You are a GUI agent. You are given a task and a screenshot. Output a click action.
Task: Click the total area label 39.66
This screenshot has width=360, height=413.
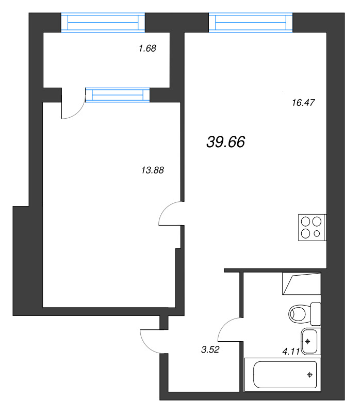click(x=225, y=142)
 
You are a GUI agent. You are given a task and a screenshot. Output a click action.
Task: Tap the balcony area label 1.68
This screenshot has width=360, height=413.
click(x=147, y=49)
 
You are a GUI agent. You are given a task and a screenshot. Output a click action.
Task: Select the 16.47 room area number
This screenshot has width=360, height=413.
click(x=303, y=103)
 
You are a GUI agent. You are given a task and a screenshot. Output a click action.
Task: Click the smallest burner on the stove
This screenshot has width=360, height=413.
click(x=317, y=234)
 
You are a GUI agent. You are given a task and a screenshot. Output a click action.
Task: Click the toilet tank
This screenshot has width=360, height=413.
click(x=315, y=313)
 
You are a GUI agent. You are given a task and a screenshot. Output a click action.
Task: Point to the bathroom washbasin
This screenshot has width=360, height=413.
click(x=310, y=341)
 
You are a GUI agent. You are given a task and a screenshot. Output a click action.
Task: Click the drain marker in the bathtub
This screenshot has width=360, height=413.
click(x=310, y=375)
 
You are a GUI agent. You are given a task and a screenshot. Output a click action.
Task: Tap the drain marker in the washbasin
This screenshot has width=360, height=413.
click(x=308, y=341)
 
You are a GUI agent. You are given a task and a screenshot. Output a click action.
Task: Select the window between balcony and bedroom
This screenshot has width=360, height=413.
click(x=117, y=94)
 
